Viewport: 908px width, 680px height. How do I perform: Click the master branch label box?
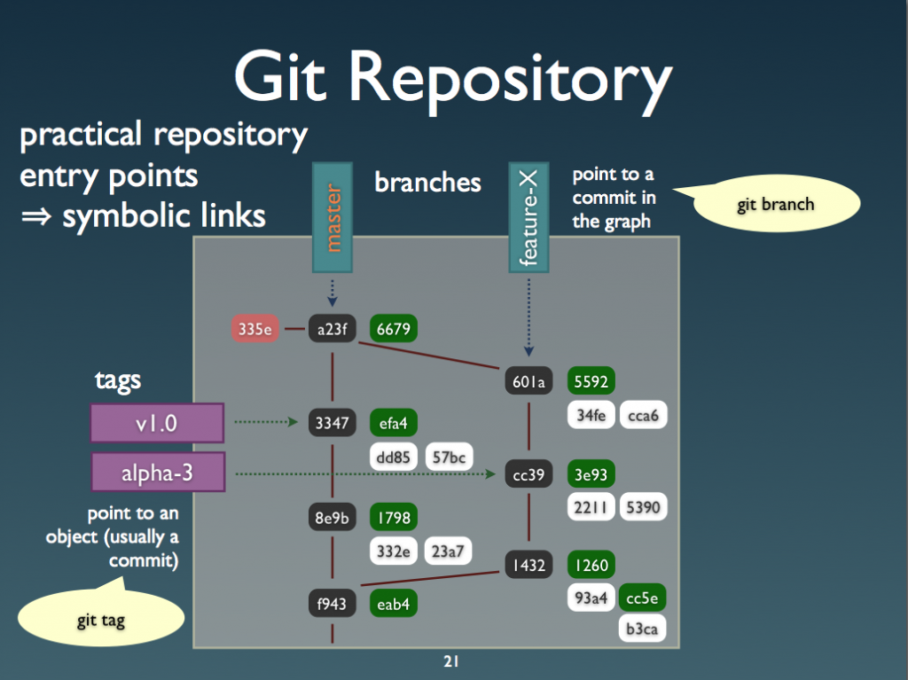333,217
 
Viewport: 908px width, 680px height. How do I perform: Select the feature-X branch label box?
529,217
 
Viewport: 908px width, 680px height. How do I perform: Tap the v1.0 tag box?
156,423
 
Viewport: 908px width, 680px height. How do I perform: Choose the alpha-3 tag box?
156,473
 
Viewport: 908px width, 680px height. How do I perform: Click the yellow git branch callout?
775,205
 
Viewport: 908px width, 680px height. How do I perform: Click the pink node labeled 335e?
254,329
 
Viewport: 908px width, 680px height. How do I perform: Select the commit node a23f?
332,329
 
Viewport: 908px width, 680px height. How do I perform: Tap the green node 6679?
394,329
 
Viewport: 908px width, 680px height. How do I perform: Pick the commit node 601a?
528,382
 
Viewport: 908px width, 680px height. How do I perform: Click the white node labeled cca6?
643,415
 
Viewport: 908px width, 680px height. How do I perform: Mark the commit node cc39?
528,474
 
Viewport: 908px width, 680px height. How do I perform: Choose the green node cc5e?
643,598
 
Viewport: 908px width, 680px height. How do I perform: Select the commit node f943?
332,606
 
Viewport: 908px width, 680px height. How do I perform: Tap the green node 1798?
394,517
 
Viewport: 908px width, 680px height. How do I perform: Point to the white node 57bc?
449,457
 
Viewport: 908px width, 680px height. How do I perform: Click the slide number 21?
450,661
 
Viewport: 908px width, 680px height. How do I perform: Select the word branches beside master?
427,183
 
